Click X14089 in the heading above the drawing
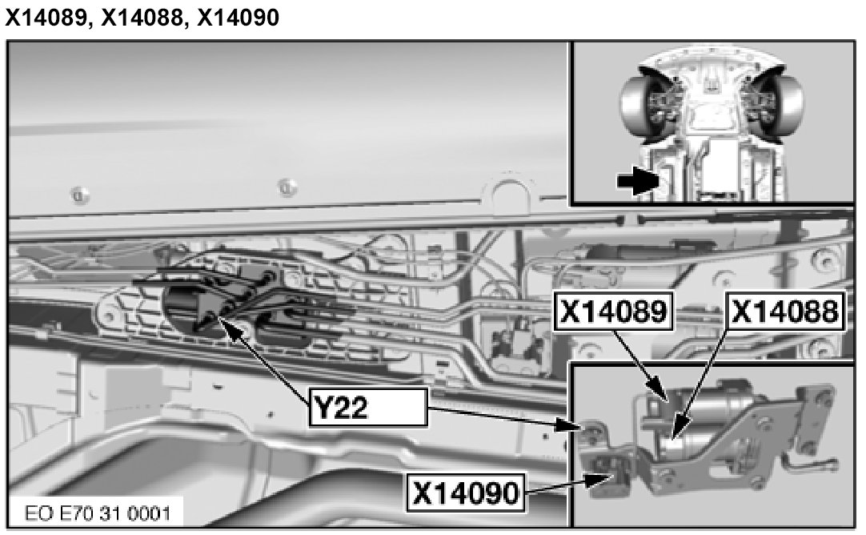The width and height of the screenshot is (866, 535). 47,17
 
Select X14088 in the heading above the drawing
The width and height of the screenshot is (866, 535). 142,17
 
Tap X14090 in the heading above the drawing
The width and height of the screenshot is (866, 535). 238,17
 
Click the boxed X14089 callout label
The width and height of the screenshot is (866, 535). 614,312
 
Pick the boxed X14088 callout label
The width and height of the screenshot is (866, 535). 785,312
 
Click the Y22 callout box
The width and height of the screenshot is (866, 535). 368,408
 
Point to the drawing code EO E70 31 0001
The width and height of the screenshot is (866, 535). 98,513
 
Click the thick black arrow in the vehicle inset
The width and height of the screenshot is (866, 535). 637,180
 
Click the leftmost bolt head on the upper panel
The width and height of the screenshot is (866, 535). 79,194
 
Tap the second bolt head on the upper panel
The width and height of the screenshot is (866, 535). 286,187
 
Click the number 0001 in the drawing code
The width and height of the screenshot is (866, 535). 149,513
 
